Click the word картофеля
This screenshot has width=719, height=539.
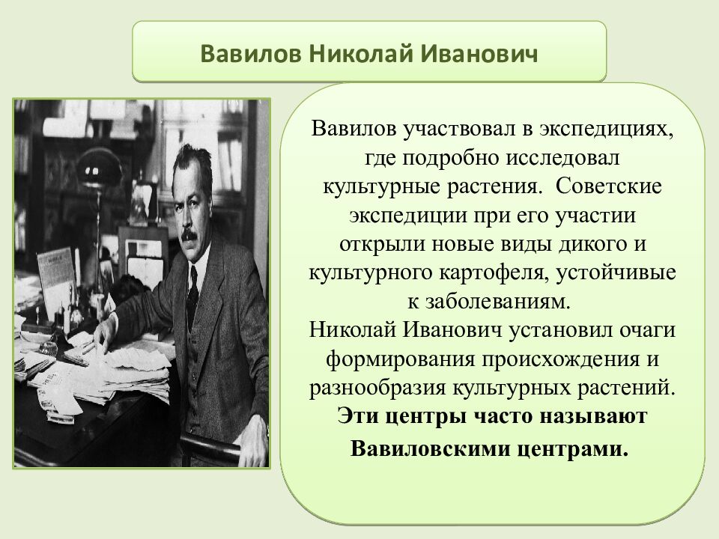[x=497, y=272]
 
